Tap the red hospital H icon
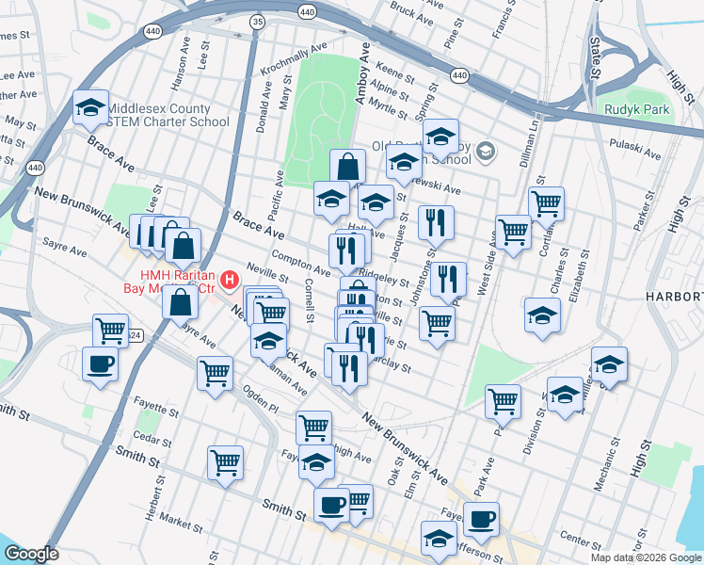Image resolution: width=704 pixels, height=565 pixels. (x=228, y=280)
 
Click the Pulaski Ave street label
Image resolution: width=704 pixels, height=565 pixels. (x=638, y=150)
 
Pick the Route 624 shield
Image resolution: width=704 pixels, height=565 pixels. (x=135, y=335)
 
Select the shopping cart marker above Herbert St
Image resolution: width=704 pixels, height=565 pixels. (x=226, y=462)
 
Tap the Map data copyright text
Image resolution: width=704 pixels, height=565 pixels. (x=646, y=557)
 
